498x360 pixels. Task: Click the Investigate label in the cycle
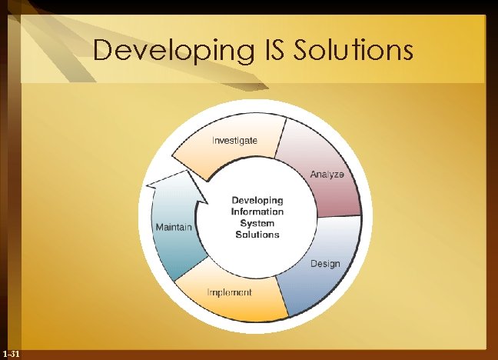coord(234,141)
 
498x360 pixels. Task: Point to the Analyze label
coord(333,175)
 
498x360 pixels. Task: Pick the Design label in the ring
coord(325,264)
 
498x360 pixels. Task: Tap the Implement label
coord(230,293)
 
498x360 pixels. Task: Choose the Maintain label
coord(174,228)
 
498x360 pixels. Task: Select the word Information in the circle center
coord(257,212)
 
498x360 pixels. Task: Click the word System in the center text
coord(257,223)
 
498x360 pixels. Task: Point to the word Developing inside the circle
coord(257,200)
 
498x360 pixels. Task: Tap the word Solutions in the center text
coord(257,235)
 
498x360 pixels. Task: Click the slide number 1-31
coord(12,353)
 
